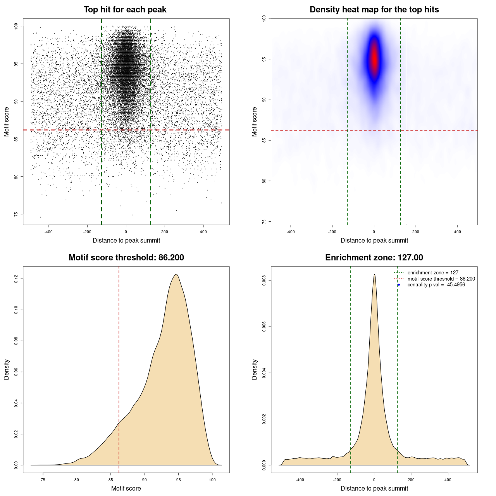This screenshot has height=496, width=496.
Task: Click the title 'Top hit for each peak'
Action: [125, 10]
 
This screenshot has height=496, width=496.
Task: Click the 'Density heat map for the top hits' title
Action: [374, 10]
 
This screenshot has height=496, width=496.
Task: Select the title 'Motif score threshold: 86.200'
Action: [126, 258]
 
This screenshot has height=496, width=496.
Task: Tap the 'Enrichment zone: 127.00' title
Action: [374, 258]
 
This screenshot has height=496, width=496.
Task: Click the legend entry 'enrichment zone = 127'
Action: [433, 273]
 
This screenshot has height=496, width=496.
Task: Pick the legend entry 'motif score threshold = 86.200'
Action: [441, 279]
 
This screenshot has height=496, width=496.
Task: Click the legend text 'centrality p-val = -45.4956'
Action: [436, 285]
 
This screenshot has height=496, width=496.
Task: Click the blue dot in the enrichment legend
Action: [399, 285]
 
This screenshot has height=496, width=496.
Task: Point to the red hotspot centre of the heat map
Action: [374, 59]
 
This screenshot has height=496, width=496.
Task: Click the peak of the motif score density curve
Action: [176, 274]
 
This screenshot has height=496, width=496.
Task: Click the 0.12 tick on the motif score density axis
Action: [16, 279]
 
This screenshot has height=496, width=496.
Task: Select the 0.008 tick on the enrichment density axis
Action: [264, 281]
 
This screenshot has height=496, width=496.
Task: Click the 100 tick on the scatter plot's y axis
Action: [16, 26]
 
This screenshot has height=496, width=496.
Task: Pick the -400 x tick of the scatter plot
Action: [48, 232]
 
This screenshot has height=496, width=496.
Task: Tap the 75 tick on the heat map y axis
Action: [264, 221]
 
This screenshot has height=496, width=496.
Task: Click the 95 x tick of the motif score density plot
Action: [178, 480]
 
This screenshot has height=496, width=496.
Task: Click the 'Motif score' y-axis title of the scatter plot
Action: [7, 122]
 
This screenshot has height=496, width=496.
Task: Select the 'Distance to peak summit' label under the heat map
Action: [374, 240]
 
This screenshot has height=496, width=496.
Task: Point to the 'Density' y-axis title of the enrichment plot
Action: [255, 369]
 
